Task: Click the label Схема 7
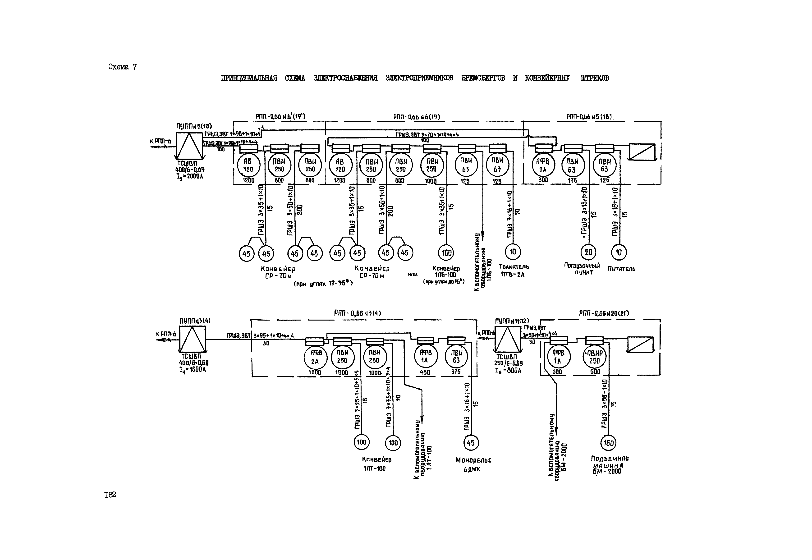[x=123, y=67]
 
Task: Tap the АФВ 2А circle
[x=315, y=358]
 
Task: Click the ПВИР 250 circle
[x=594, y=358]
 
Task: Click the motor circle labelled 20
[x=588, y=252]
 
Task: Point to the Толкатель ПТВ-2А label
[x=514, y=271]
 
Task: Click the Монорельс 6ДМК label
[x=473, y=464]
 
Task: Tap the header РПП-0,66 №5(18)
[x=590, y=117]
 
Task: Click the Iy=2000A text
[x=190, y=176]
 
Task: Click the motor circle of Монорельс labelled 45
[x=471, y=442]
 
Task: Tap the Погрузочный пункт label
[x=582, y=269]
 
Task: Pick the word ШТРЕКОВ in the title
[x=595, y=78]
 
